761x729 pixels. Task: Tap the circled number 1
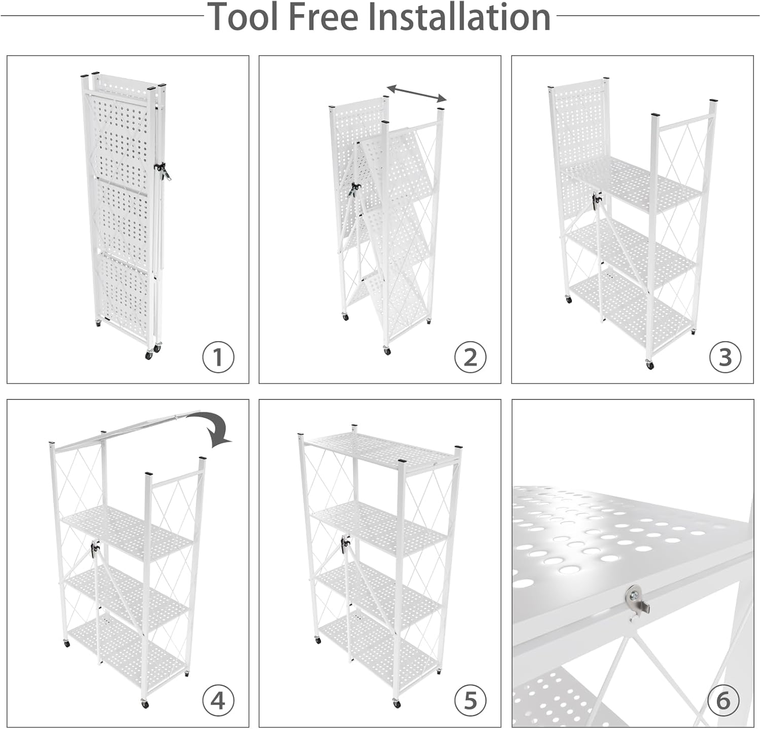pos(218,357)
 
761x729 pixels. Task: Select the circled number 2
pos(470,357)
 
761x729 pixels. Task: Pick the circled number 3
pos(725,357)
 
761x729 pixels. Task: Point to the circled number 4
pos(218,701)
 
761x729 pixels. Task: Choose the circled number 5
pos(470,701)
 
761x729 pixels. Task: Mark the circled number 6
pos(723,701)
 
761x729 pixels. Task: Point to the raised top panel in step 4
pos(127,428)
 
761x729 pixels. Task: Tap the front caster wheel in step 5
pos(396,704)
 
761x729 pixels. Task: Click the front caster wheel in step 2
pos(388,350)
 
